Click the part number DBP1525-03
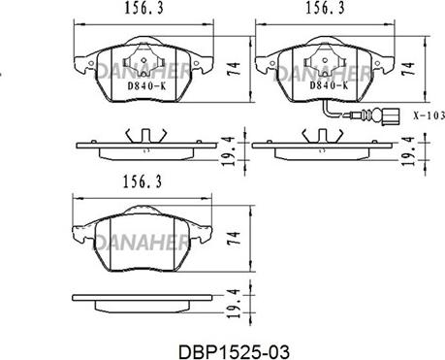(x=235, y=352)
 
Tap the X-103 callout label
(x=429, y=115)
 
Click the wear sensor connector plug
(x=391, y=116)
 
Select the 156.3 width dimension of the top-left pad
(x=144, y=9)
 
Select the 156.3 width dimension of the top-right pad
(x=326, y=8)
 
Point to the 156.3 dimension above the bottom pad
(x=143, y=182)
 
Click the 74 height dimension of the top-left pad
(x=234, y=69)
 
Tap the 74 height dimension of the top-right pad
(x=408, y=69)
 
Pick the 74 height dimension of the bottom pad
(x=234, y=239)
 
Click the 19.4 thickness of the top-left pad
(x=229, y=151)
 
